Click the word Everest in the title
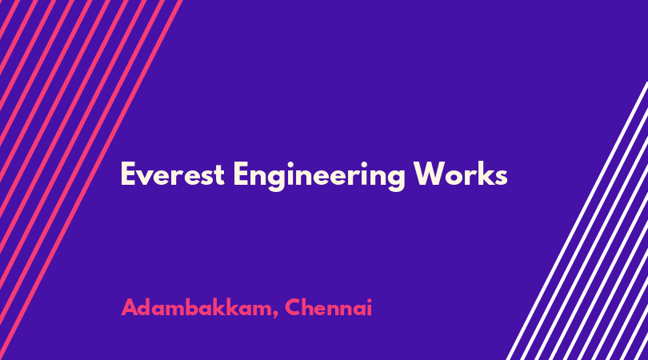[172, 174]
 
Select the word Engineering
[319, 177]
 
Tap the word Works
[460, 174]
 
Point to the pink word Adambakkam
[196, 308]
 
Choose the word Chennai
[329, 307]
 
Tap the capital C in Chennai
[293, 307]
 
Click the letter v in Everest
[146, 178]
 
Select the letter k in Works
[484, 174]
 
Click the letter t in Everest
[219, 176]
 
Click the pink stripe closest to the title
[91, 180]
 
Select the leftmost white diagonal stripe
[577, 221]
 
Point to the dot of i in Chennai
[370, 300]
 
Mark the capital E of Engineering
[241, 174]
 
